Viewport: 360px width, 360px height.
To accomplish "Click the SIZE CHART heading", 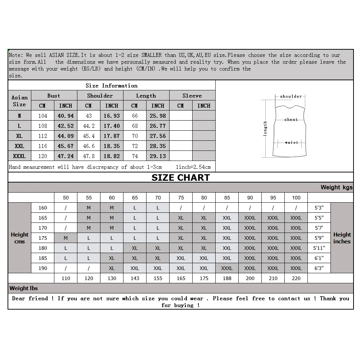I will click(180, 177).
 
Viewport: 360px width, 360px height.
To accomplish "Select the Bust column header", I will click(54, 95).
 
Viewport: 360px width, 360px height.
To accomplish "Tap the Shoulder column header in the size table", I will click(100, 95).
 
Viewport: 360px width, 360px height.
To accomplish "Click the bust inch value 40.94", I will click(66, 116).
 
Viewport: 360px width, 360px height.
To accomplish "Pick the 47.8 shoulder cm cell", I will click(89, 156).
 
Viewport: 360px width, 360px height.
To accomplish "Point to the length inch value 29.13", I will click(158, 156).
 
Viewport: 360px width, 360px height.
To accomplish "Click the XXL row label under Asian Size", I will click(19, 146).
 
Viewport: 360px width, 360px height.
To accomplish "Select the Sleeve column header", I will click(192, 95).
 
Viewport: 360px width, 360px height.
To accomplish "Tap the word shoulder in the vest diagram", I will click(291, 96).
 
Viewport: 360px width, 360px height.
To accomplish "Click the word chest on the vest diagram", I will click(291, 120).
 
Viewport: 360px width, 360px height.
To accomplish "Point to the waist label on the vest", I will click(291, 142).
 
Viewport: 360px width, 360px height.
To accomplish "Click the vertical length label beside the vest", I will click(265, 129).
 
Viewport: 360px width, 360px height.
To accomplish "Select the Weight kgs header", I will click(336, 187).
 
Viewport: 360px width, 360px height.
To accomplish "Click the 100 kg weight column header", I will click(296, 198).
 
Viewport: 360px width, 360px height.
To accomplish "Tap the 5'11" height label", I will click(319, 248).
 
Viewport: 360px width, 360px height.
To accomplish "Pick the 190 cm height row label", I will click(42, 268).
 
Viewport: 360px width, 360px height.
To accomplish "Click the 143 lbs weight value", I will click(135, 278).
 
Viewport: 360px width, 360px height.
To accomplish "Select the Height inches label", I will click(342, 238).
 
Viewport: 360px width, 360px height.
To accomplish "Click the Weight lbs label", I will click(23, 288).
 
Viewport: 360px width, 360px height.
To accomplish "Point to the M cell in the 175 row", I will click(66, 238).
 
